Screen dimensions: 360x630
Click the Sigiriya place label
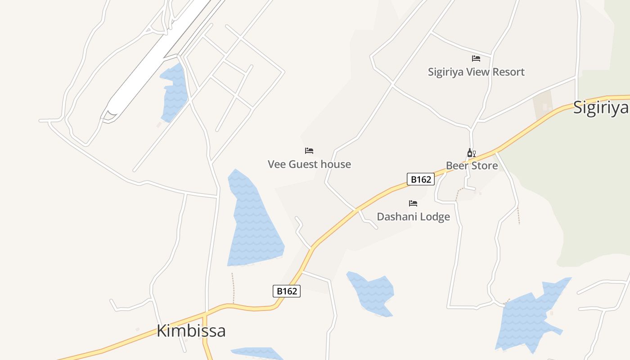(601, 108)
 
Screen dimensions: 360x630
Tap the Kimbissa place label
(191, 331)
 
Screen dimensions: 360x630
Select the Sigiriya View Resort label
(476, 72)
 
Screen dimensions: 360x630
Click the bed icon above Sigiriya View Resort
(476, 58)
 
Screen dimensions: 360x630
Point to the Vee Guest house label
(309, 164)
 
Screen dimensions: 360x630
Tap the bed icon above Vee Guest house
(309, 151)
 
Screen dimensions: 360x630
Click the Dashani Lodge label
(413, 217)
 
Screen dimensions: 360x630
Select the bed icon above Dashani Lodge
(413, 203)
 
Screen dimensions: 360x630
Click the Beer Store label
(472, 166)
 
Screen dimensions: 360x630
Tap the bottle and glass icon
(471, 153)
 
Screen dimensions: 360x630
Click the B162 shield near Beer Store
(421, 179)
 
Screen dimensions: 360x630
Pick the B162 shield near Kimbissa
(287, 291)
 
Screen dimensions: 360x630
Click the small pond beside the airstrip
(174, 92)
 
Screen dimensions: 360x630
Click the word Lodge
(432, 217)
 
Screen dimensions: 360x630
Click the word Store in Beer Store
(484, 166)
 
